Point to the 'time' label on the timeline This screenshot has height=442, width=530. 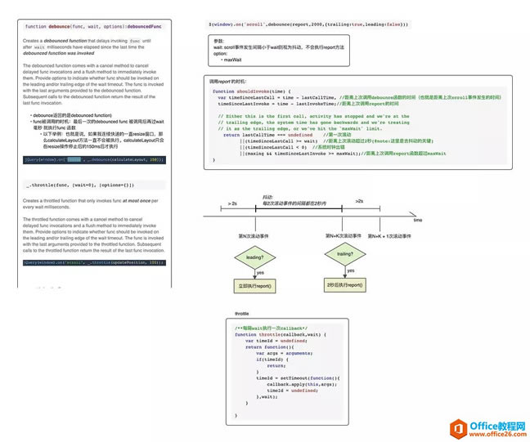coord(418,221)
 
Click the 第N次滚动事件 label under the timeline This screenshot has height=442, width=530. coord(255,235)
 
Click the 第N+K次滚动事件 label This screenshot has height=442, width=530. coord(345,235)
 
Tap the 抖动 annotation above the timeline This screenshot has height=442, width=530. coord(267,197)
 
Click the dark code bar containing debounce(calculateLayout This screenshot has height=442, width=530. coord(93,159)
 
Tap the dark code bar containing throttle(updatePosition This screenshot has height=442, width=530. coord(93,263)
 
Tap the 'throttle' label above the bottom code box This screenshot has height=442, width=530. coord(242,315)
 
